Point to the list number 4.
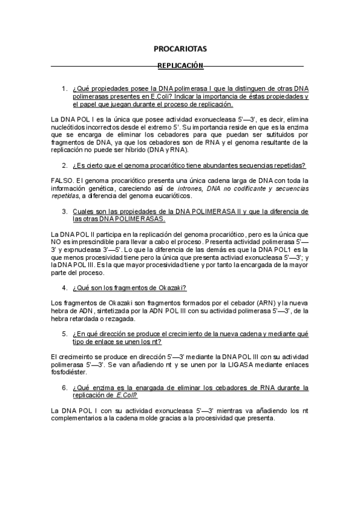click(x=65, y=288)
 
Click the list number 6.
click(x=65, y=388)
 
